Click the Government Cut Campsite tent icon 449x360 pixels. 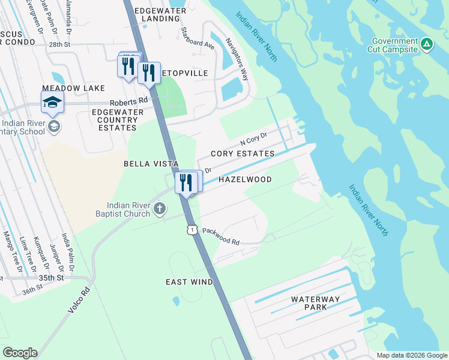pyautogui.click(x=426, y=43)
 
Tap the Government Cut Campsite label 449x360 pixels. pyautogui.click(x=394, y=45)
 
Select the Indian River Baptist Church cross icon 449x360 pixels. pyautogui.click(x=159, y=208)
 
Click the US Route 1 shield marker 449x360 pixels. pyautogui.click(x=191, y=229)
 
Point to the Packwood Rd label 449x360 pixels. pyautogui.click(x=220, y=236)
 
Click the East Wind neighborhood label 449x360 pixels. pyautogui.click(x=190, y=281)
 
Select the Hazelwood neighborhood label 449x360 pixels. pyautogui.click(x=245, y=179)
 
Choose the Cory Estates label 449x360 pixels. pyautogui.click(x=243, y=154)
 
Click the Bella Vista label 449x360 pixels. pyautogui.click(x=151, y=163)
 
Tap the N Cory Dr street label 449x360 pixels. pyautogui.click(x=253, y=139)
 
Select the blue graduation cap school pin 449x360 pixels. pyautogui.click(x=53, y=103)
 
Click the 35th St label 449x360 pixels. pyautogui.click(x=51, y=278)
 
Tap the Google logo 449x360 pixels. pyautogui.click(x=20, y=353)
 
